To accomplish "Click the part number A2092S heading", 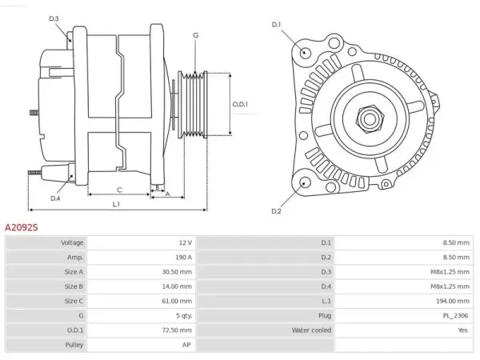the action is (x=22, y=227).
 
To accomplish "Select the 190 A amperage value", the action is (x=183, y=257).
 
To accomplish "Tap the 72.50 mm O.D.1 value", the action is (x=177, y=330).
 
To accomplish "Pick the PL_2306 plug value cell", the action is (x=455, y=316).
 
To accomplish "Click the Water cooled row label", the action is (x=311, y=330).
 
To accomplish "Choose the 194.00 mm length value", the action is (x=453, y=301).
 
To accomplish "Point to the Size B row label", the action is (x=74, y=286).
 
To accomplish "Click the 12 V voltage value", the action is (x=186, y=242).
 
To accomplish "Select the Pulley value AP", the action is (x=186, y=345).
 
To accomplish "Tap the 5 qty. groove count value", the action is (x=184, y=316).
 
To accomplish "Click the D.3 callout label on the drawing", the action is (x=54, y=18).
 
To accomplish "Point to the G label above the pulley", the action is (x=196, y=35).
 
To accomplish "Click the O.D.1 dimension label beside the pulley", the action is (x=240, y=104).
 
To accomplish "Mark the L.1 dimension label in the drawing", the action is (x=116, y=204).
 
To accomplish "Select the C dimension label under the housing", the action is (x=119, y=190).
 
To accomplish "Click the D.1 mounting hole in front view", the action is (x=304, y=52).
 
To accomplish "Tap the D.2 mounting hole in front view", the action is (x=304, y=182).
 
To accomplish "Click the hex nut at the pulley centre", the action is (x=370, y=118).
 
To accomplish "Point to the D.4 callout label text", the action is (x=55, y=198).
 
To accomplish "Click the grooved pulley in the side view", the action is (x=193, y=104).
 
